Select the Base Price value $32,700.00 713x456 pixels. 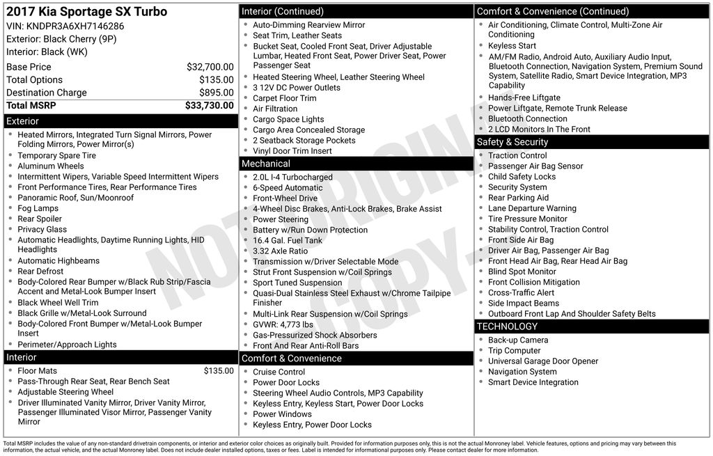coord(210,68)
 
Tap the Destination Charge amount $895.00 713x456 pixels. coord(216,93)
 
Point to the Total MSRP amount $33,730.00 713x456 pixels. coord(209,106)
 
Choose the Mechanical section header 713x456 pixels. coord(266,164)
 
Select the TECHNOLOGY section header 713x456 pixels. coord(507,327)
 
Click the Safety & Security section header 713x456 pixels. coord(512,142)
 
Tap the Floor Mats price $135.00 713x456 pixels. coord(219,371)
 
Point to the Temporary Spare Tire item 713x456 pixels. coord(57,156)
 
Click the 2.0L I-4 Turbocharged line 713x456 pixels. coord(292,178)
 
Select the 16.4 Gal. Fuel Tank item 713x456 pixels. coord(288,240)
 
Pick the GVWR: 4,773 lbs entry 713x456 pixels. coord(283,324)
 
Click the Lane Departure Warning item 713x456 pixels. coord(532,208)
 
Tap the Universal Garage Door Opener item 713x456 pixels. coord(543,361)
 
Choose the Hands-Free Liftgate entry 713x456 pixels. coord(524,98)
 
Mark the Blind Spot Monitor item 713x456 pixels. coord(522,272)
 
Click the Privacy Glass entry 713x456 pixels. coord(42,229)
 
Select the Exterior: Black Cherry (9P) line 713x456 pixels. coord(61,39)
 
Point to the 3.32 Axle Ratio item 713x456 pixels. coord(280,251)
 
